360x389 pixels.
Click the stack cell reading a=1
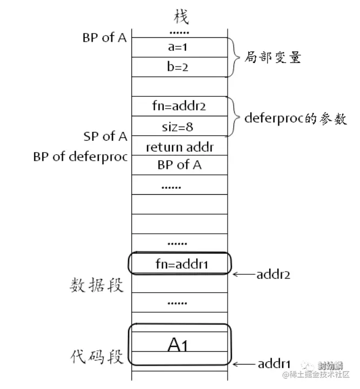179,48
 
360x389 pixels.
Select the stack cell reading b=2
179,67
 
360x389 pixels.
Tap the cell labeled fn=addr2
179,107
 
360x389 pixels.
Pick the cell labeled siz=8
179,127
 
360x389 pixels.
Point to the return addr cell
179,146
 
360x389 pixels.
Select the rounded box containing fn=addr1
179,265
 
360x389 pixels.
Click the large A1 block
179,345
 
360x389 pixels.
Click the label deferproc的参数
295,118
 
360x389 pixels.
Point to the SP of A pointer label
105,136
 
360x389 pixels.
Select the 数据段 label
97,285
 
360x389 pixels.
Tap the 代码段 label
97,358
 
